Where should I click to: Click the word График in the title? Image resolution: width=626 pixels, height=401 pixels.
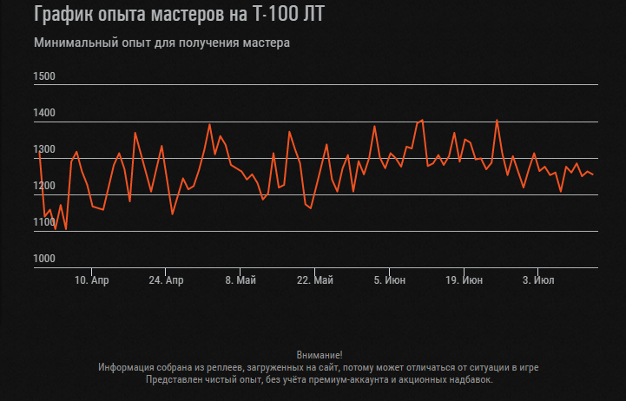pos(66,15)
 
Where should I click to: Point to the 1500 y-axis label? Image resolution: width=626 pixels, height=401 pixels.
pos(44,76)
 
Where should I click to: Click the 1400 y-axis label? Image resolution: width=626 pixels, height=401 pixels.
pos(44,113)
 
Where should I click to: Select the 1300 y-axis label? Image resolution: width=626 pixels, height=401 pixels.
pos(44,149)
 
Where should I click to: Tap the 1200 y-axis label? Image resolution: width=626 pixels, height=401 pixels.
pos(44,186)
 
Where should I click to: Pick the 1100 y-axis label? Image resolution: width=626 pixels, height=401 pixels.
pos(44,222)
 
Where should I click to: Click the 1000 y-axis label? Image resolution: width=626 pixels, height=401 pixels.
pos(44,259)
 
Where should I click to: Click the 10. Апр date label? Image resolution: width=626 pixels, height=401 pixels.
pos(92,280)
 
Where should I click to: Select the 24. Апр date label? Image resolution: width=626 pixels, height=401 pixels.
pos(166,280)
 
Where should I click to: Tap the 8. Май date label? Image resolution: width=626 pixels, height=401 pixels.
pos(241,280)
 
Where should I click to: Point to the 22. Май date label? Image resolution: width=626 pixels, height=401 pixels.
pos(315,280)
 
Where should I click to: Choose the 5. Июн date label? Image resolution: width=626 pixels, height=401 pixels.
pos(390,280)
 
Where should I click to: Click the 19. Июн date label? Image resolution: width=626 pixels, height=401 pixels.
pos(464,280)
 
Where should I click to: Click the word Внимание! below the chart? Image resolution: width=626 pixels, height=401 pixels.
pos(320,355)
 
